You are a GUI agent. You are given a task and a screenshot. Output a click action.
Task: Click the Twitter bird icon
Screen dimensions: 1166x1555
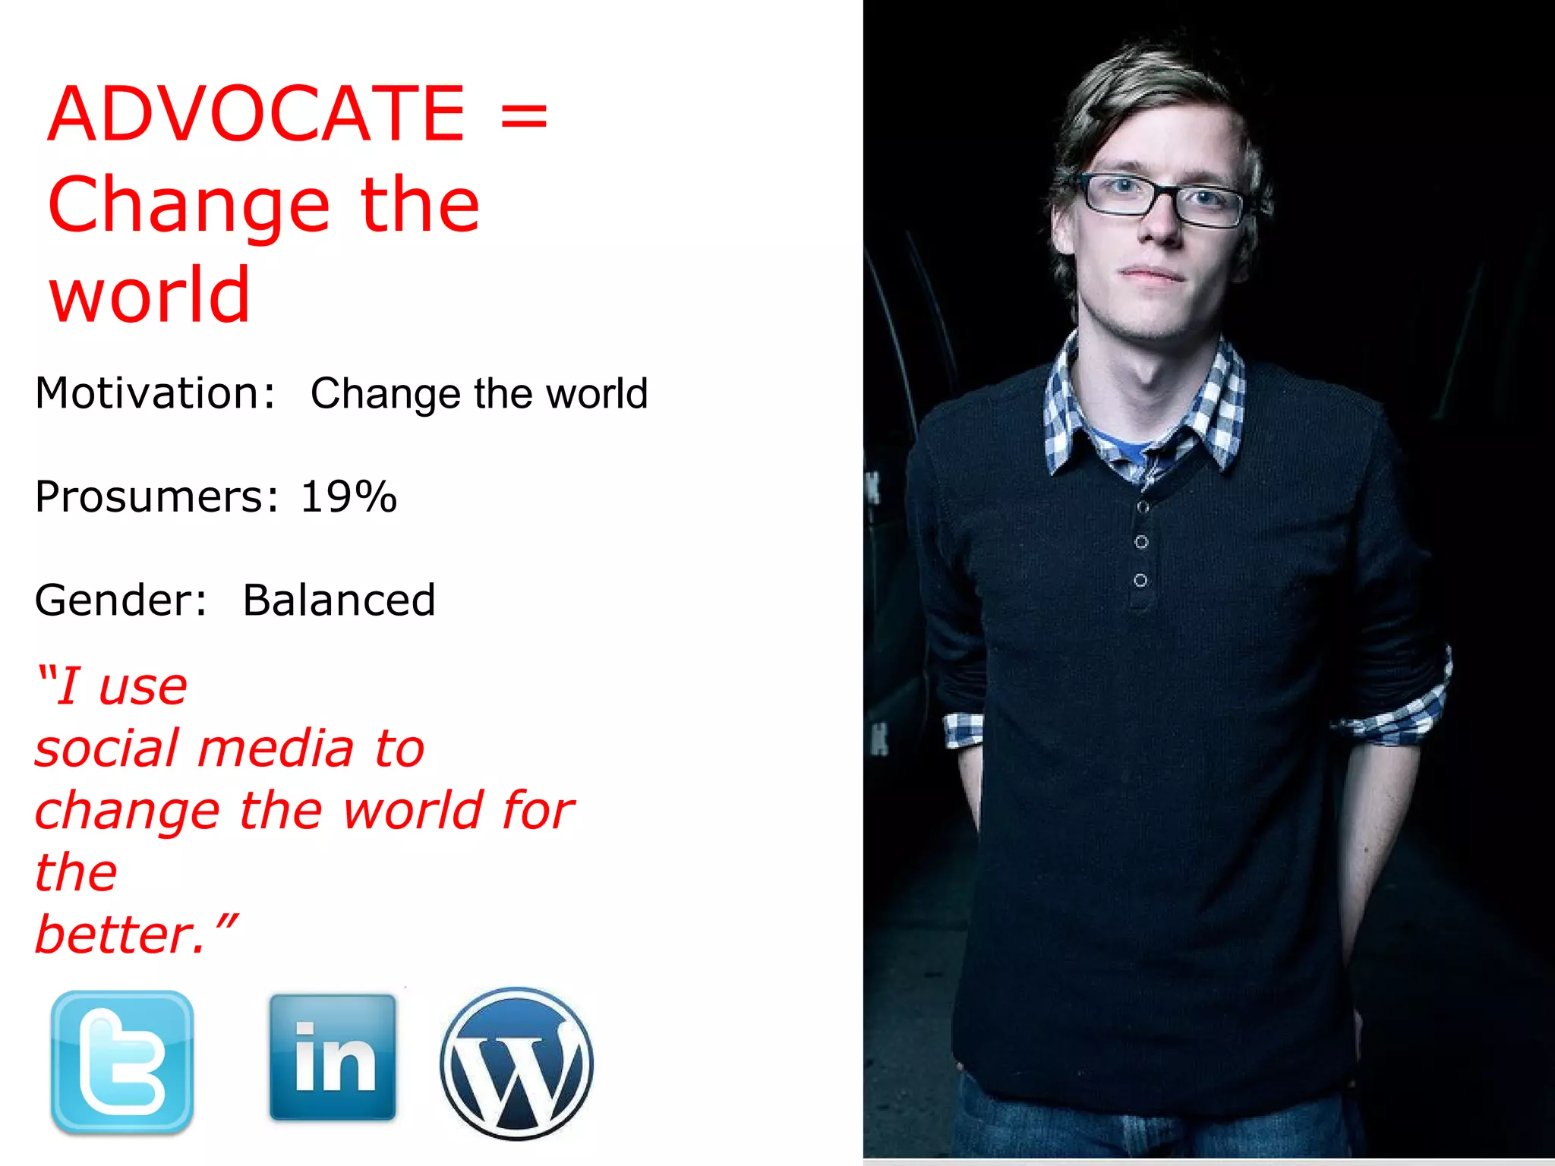(x=122, y=1061)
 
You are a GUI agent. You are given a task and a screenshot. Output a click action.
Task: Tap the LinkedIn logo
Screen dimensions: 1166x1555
(x=333, y=1057)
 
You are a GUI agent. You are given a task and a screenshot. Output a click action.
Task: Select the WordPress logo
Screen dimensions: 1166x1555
(x=516, y=1063)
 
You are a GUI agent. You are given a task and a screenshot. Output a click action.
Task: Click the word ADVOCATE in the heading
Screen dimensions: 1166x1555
(x=257, y=114)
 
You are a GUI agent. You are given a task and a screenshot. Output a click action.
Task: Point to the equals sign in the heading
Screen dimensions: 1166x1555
(x=524, y=116)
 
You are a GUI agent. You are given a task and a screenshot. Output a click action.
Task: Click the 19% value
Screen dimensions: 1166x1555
(x=349, y=497)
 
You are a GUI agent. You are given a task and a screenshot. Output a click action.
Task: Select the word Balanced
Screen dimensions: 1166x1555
(x=339, y=600)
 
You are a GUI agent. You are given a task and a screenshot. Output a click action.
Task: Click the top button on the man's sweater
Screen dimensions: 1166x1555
(x=1142, y=506)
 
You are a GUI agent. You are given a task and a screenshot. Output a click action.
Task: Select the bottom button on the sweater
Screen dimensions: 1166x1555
(x=1140, y=580)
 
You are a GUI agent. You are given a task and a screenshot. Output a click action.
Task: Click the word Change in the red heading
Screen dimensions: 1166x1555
(x=188, y=205)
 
